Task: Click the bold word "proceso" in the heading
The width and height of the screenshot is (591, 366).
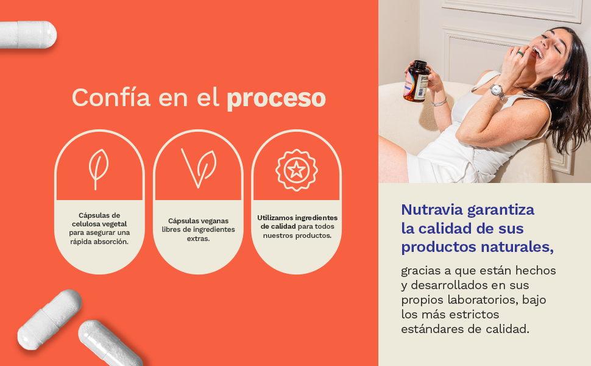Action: coord(276,98)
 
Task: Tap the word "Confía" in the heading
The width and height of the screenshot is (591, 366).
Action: coord(111,97)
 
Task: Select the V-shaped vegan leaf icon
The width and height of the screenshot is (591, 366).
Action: coord(199,168)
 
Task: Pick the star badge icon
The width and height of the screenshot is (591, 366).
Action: coord(297,170)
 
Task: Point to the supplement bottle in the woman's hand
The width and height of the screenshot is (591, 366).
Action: coord(417,81)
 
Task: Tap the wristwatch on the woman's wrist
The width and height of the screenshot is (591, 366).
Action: coord(498,91)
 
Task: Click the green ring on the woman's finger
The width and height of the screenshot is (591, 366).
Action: coord(520,53)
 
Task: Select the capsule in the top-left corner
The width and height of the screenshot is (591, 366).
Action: coord(27,35)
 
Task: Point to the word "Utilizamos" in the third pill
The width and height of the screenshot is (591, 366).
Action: coord(275,218)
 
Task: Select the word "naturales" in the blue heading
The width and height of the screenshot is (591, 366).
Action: coord(517,247)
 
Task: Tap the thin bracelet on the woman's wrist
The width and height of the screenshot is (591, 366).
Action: coord(439,102)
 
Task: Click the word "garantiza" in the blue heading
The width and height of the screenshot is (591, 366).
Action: coord(501,210)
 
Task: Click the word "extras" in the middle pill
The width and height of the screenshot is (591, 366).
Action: coord(198,239)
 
